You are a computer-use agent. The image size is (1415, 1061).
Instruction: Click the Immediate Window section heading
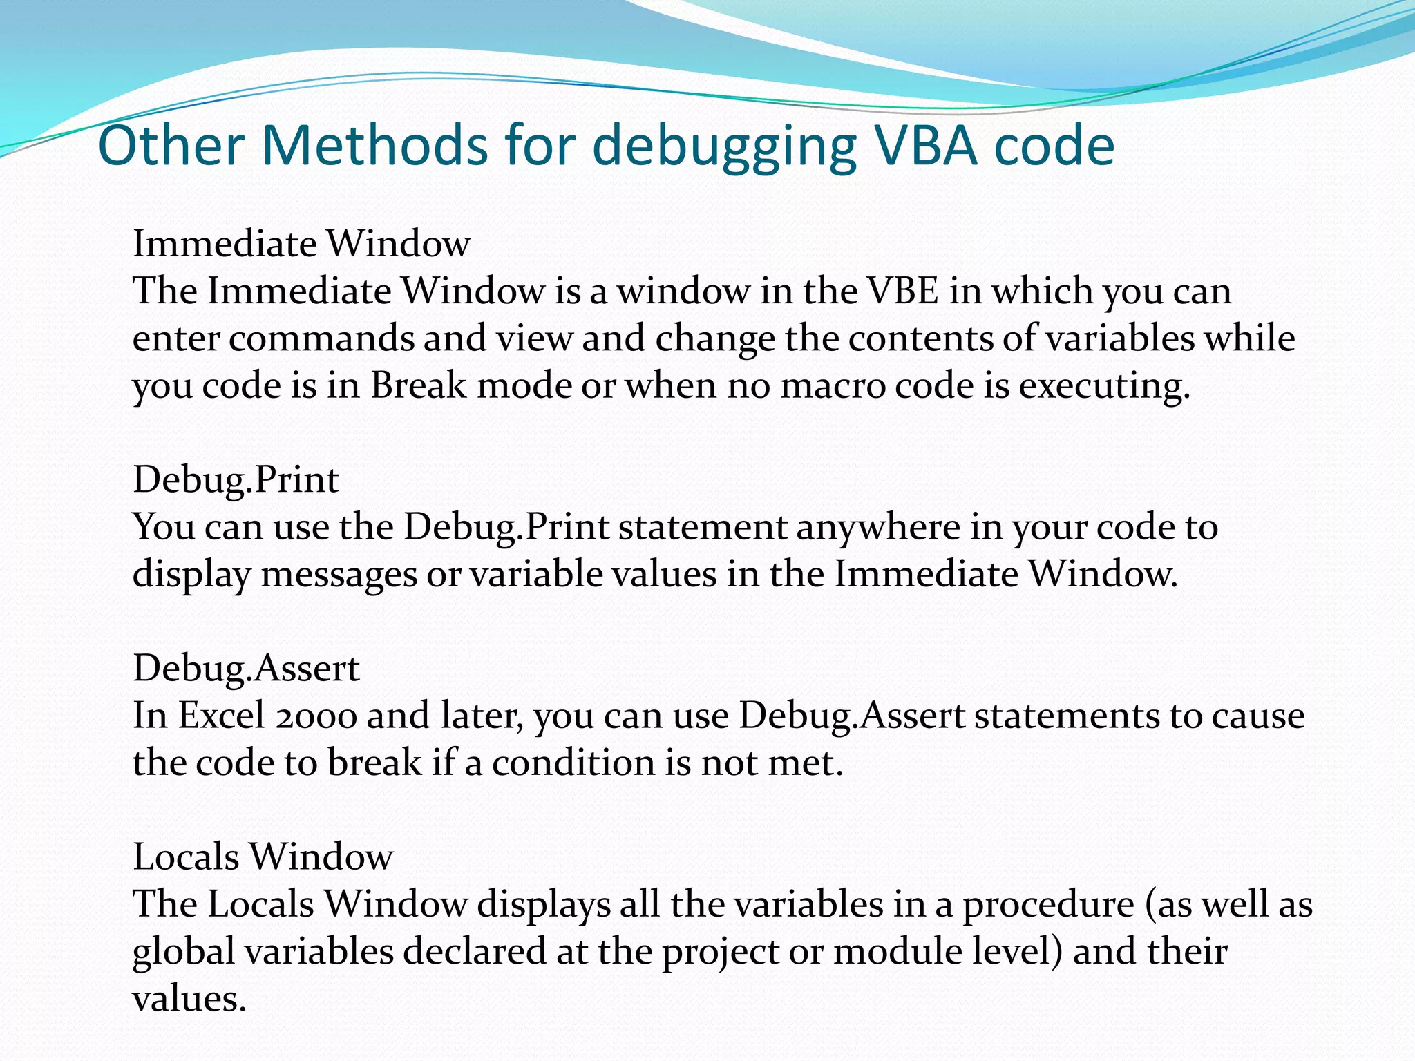[x=301, y=244]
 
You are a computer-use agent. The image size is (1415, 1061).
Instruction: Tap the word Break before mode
[x=418, y=385]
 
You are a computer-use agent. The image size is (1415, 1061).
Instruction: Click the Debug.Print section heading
[x=236, y=480]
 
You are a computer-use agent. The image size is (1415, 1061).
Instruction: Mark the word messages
[x=339, y=575]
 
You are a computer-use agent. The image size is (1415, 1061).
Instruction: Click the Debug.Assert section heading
[x=246, y=669]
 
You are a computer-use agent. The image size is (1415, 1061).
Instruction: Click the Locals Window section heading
[x=263, y=857]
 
